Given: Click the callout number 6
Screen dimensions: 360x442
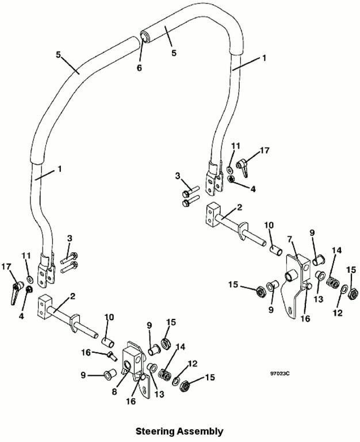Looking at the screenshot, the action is [139, 68].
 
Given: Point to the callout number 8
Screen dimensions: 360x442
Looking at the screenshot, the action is [114, 391].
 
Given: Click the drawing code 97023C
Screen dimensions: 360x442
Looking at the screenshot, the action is [280, 374].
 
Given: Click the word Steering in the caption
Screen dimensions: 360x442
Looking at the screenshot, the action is [155, 431].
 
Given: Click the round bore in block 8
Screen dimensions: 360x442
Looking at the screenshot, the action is [127, 365].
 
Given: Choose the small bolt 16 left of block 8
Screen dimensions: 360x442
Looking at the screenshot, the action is [113, 356].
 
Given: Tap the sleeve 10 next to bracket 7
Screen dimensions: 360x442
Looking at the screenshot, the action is [276, 250].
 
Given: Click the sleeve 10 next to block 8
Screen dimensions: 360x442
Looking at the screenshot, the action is [108, 343].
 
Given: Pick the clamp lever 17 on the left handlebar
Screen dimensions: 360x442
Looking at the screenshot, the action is [16, 292].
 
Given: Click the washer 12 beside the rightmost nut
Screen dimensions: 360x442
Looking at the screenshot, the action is [344, 289].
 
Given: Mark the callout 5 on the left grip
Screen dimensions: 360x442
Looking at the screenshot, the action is [58, 55].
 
